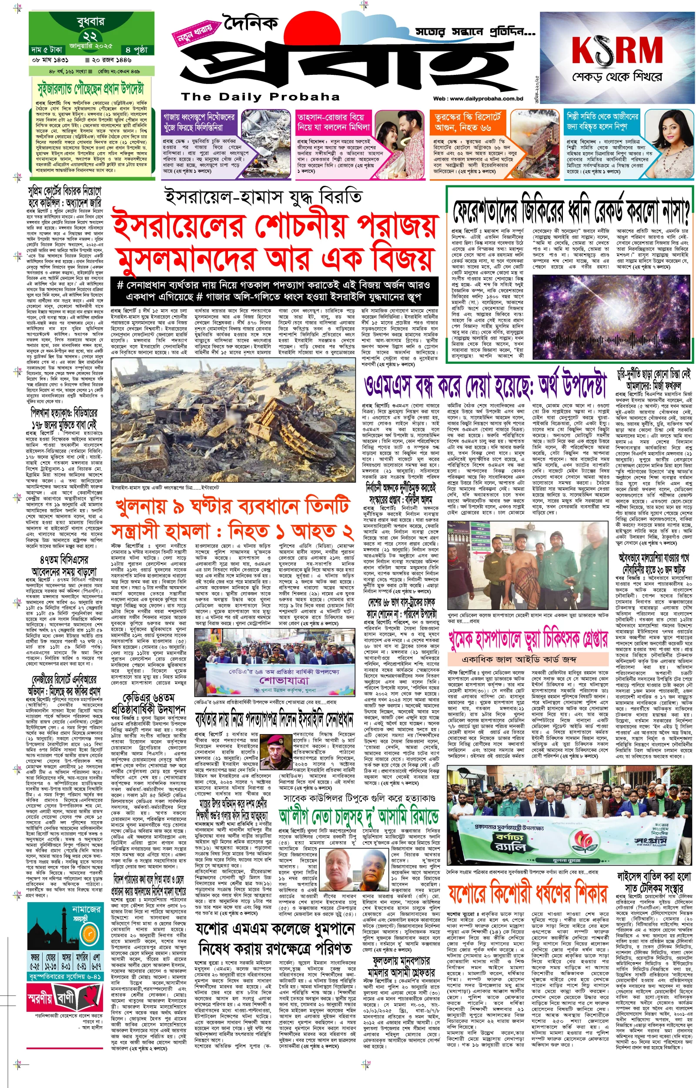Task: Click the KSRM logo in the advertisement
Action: pyautogui.click(x=617, y=50)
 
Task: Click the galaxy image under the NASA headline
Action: pyautogui.click(x=612, y=316)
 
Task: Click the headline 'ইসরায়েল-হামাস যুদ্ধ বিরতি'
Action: pyautogui.click(x=264, y=197)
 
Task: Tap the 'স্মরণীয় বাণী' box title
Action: pyautogui.click(x=57, y=996)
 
